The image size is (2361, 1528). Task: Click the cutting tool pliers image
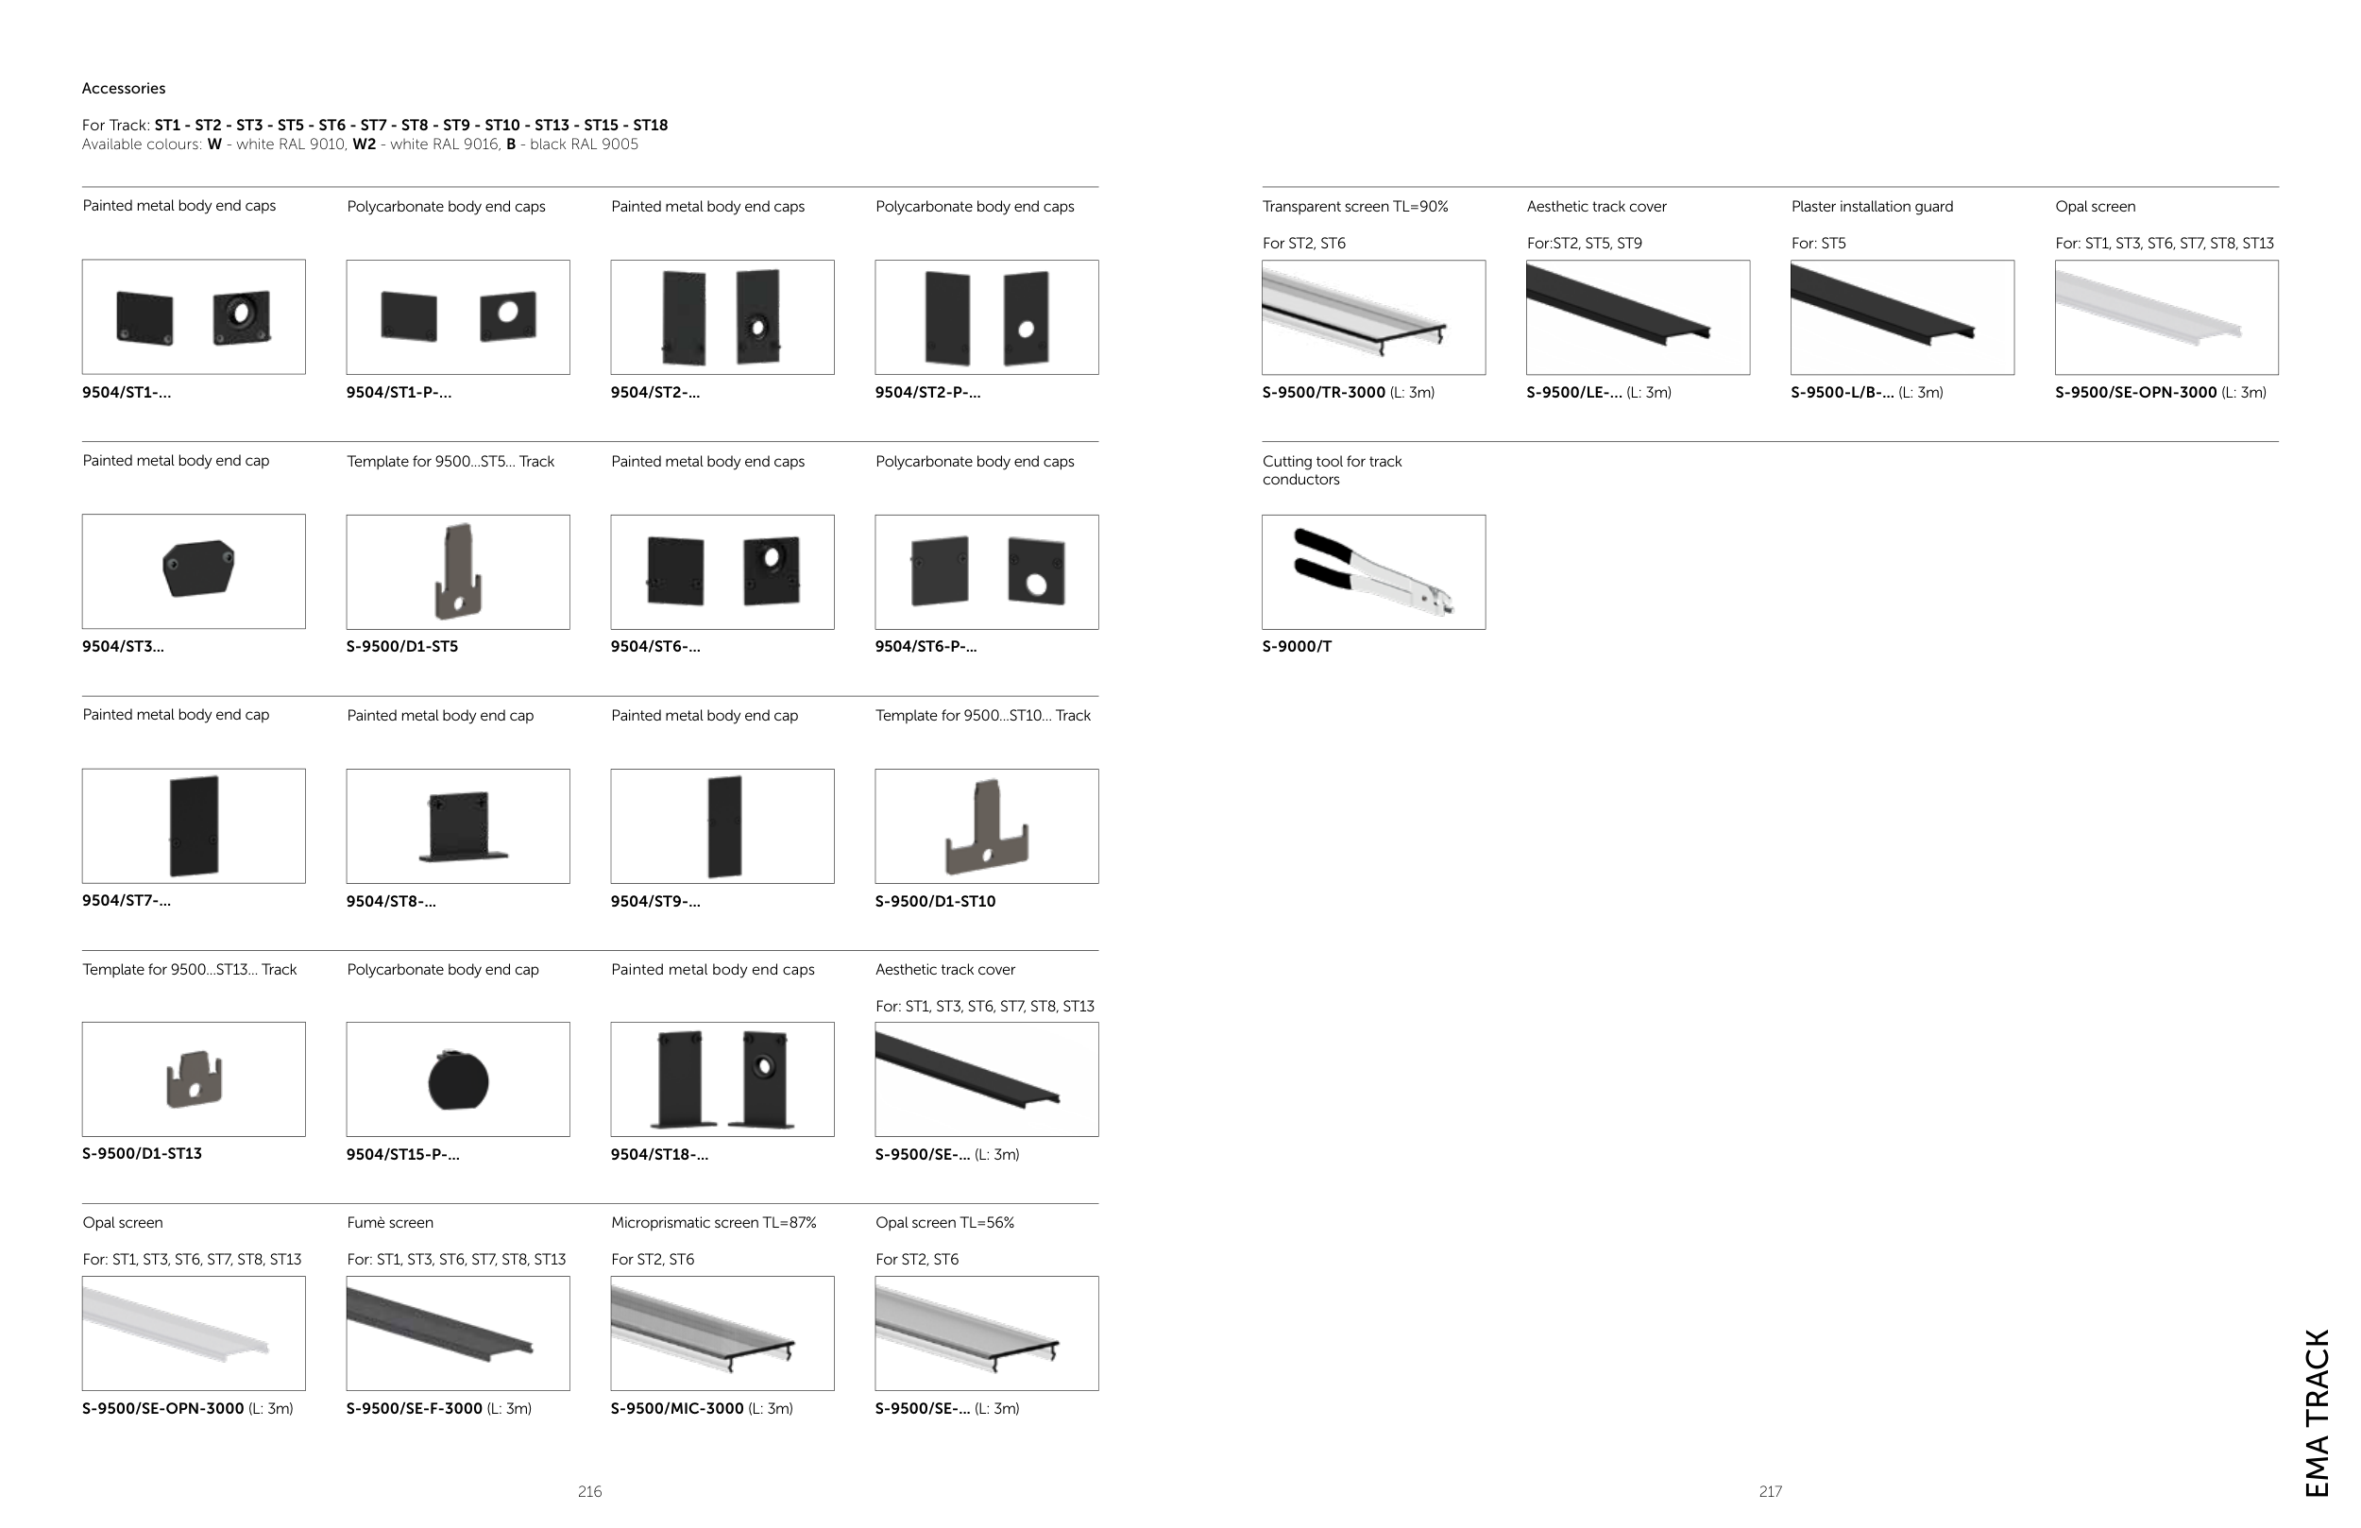pos(1374,572)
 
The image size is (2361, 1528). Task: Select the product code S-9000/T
pos(1297,647)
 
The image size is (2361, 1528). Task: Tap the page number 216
pos(589,1491)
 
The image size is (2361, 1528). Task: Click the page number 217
pos(1771,1491)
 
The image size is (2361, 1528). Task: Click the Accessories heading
pos(123,89)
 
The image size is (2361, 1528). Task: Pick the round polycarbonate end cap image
pos(458,1080)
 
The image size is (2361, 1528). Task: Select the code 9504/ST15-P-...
pos(402,1155)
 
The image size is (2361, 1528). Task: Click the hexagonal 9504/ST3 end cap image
pos(198,569)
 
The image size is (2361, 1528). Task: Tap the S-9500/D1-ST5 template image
pos(458,571)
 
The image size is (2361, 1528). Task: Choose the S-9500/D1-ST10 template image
pos(986,827)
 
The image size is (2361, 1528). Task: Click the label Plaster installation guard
pos(1872,207)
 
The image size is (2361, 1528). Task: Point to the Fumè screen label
pos(390,1222)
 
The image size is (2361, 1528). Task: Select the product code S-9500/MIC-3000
pos(676,1409)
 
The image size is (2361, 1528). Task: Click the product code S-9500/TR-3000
pos(1323,393)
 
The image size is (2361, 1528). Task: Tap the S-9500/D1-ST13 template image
pos(195,1079)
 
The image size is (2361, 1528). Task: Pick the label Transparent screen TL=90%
pos(1355,207)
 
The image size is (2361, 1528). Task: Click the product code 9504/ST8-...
pos(391,902)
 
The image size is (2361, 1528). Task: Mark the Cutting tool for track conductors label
pos(1333,470)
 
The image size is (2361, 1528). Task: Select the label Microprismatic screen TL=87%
pos(713,1222)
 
